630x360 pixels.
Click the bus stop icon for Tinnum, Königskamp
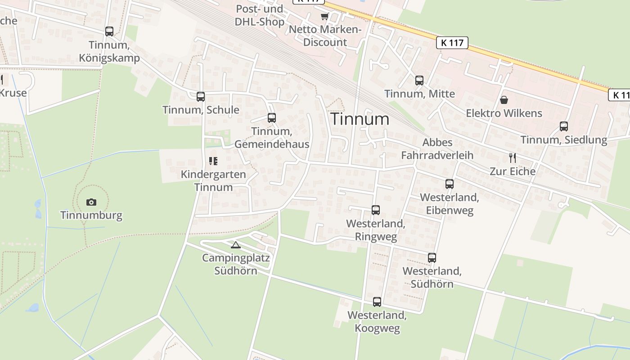[x=109, y=31]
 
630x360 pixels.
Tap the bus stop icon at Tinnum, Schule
[x=201, y=96]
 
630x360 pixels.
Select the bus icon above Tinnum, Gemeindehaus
[x=272, y=118]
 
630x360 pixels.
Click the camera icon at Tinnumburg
[x=91, y=202]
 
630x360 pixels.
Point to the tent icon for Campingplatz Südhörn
[x=235, y=245]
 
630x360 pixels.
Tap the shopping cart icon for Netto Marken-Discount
[x=324, y=17]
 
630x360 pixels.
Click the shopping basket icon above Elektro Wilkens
[x=504, y=99]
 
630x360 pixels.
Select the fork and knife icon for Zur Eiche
[x=512, y=157]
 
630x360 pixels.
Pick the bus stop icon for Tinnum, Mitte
[x=419, y=81]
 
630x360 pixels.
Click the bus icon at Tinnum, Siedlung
[x=564, y=126]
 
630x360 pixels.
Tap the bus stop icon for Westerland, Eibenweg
[x=450, y=184]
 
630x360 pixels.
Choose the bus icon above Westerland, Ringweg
[x=376, y=210]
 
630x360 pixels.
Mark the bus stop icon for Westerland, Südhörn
[x=432, y=258]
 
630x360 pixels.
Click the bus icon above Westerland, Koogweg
[x=377, y=302]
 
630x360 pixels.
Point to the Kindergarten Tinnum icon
[x=213, y=161]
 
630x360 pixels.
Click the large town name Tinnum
[x=360, y=119]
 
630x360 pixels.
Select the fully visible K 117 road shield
[x=452, y=43]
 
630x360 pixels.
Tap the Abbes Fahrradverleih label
[x=437, y=149]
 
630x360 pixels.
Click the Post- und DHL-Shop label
[x=260, y=15]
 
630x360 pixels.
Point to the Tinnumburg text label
[x=91, y=215]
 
